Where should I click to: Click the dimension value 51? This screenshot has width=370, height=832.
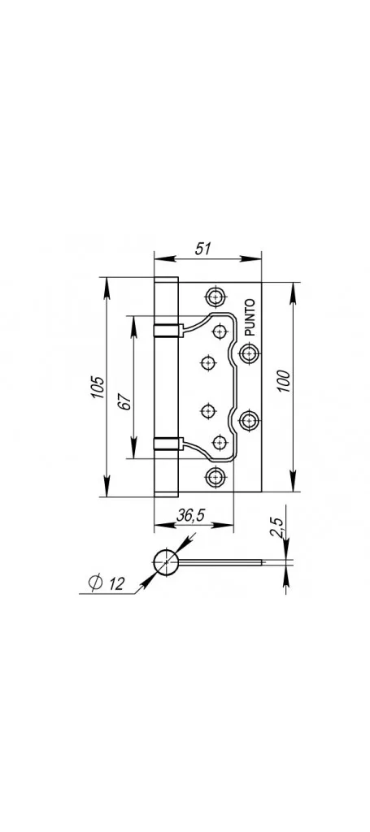click(202, 249)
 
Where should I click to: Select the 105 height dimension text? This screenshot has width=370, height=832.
click(98, 388)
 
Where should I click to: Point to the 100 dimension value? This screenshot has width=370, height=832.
click(284, 380)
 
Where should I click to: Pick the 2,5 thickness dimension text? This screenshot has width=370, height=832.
click(277, 529)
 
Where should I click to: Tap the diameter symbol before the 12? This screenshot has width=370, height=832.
click(96, 583)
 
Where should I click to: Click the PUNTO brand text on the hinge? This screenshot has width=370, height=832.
click(250, 318)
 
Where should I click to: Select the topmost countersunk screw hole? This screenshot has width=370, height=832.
click(215, 297)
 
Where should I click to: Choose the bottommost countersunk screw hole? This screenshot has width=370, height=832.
click(215, 477)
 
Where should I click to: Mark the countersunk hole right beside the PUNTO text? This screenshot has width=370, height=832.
click(249, 353)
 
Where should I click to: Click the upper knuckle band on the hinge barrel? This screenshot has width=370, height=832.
click(168, 330)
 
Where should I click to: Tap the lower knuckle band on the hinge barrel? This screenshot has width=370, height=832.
click(168, 443)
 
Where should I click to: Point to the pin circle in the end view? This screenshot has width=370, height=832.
click(166, 562)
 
